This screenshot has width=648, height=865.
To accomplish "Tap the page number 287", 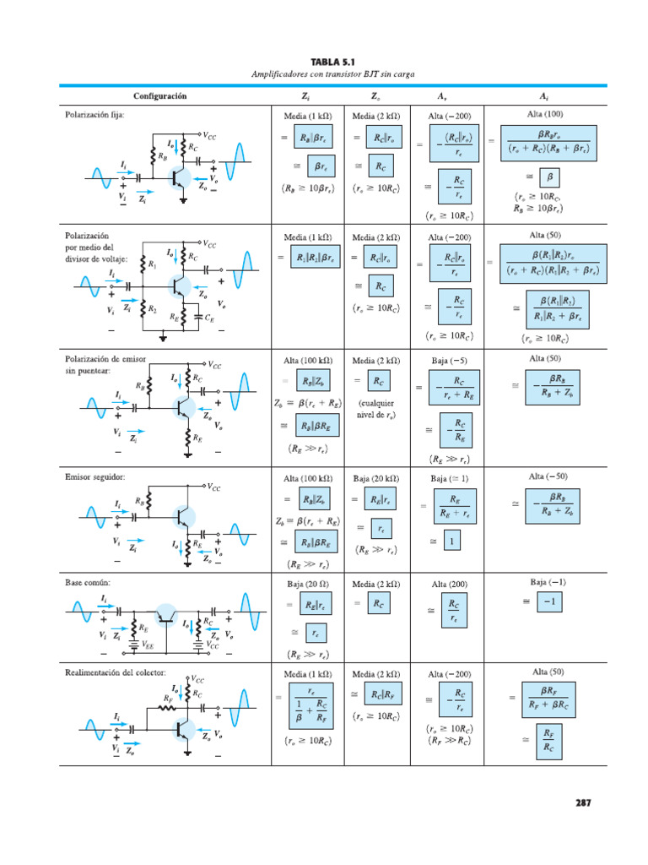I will pos(583,802).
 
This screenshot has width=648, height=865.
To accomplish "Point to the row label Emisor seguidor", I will pos(94,476).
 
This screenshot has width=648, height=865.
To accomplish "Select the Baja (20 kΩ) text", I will pos(376,479).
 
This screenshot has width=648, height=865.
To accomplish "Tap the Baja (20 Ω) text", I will pos(305,585).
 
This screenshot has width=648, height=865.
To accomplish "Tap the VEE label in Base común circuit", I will pos(148,645).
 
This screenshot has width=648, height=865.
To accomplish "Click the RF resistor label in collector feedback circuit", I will pos(167,699).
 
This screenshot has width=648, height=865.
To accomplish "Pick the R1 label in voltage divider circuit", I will pos(153,265).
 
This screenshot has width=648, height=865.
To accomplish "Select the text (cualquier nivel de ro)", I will pos(376,409).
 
